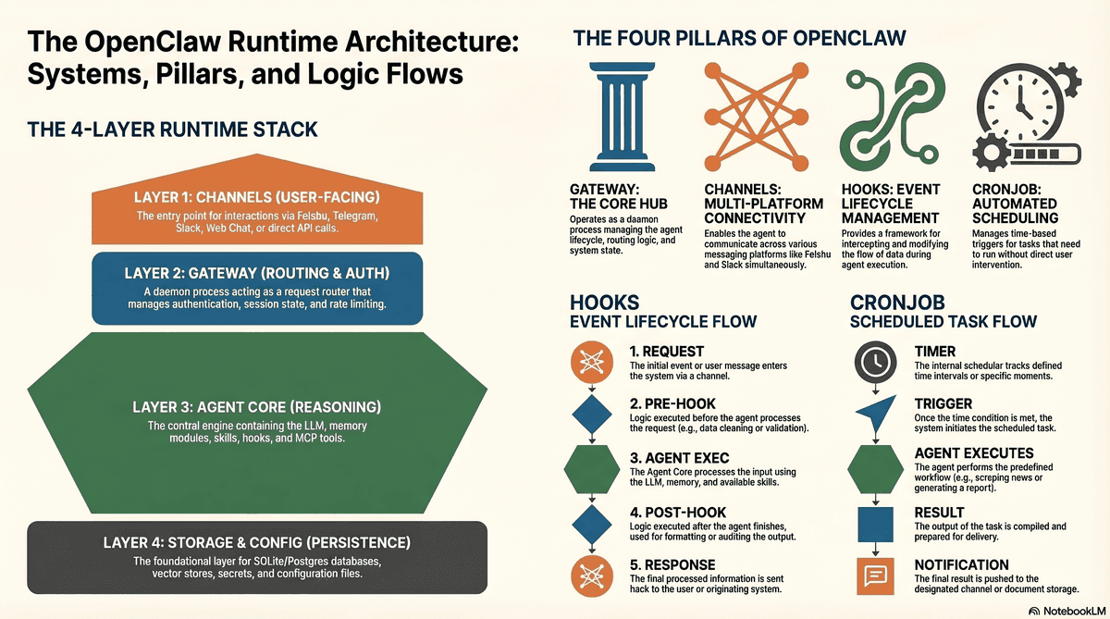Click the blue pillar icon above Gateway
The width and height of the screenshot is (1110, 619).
(x=622, y=117)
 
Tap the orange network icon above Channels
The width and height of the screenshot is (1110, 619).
(x=757, y=117)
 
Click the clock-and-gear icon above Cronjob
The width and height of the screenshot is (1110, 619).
(x=1027, y=117)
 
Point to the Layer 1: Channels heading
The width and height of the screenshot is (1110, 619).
(x=257, y=197)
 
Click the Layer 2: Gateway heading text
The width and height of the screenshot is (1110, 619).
(x=257, y=273)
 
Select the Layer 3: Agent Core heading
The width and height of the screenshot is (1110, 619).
(x=257, y=407)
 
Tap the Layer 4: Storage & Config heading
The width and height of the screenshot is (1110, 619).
(x=257, y=543)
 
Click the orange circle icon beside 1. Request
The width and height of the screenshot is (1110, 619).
(x=592, y=362)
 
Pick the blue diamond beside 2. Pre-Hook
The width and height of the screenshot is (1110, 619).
(x=592, y=415)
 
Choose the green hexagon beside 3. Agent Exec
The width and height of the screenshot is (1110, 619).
(x=592, y=469)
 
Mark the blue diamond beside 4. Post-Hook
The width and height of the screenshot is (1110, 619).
(x=592, y=525)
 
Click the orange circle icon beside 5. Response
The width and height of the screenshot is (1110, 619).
(x=592, y=576)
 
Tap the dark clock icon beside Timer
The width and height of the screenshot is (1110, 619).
(x=876, y=362)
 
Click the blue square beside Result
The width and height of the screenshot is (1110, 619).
(x=876, y=525)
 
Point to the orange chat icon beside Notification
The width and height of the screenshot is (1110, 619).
(x=876, y=576)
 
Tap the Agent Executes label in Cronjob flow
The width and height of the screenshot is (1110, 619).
(x=974, y=453)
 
